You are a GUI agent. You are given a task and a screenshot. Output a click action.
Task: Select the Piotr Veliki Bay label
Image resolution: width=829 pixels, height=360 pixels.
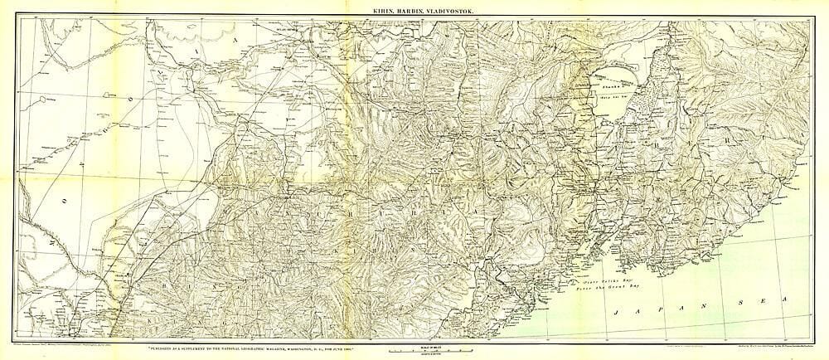[x=605, y=281]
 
